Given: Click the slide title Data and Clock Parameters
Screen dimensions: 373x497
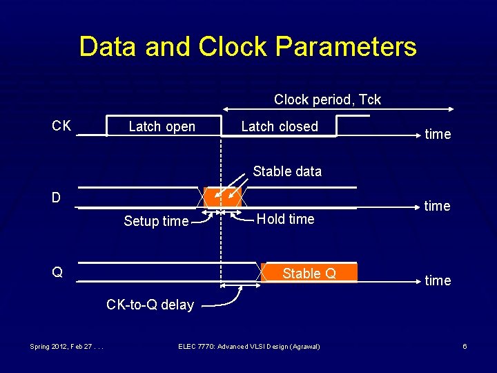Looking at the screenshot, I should point(248,47).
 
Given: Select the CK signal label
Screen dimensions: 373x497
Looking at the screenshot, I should point(61,126).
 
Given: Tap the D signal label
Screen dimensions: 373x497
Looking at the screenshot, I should point(56,198).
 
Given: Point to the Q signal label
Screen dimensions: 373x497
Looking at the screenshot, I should point(57,272).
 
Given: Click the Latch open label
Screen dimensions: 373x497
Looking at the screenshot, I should point(162,126).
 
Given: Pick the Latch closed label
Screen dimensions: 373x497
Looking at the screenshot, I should point(280,126).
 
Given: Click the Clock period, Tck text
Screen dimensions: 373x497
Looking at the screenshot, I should point(327,99).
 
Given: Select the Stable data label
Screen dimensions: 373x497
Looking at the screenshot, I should point(287,171).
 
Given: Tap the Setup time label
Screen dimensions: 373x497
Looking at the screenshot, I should point(155,221).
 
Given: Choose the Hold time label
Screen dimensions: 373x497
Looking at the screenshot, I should point(285,219).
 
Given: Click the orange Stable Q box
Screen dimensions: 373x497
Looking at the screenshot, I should point(309,274).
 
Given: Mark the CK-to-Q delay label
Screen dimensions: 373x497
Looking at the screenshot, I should point(150,305).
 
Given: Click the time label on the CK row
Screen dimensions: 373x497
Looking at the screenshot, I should point(438,134).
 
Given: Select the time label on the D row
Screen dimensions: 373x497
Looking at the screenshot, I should point(438,206).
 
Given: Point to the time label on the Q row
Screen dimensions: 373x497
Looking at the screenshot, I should point(438,280).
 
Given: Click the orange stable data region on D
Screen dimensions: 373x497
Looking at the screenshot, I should point(222,197).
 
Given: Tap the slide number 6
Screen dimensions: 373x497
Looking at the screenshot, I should point(465,346).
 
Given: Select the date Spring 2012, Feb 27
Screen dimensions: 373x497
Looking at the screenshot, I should point(66,346).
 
